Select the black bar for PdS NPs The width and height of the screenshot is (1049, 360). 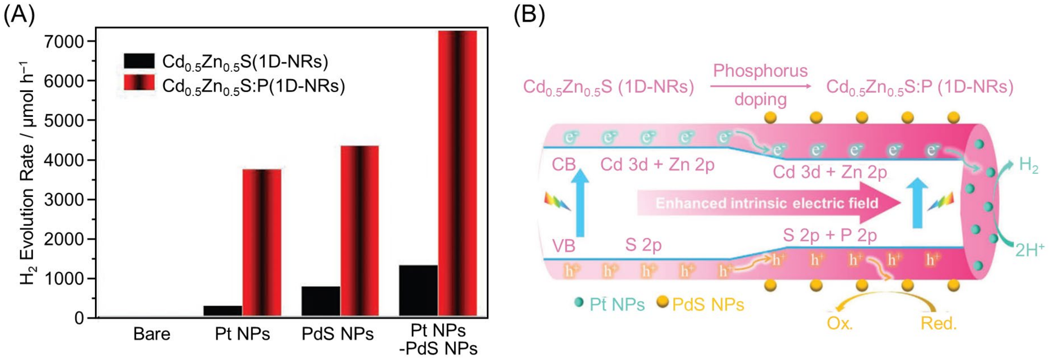coord(321,301)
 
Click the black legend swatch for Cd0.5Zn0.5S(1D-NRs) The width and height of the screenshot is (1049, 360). coord(139,61)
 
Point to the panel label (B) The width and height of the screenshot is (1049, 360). coord(528,15)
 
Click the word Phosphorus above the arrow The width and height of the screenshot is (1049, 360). coord(760,71)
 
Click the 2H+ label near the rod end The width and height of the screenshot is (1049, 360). coord(1029,250)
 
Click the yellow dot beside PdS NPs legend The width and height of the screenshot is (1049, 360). coord(662,302)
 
